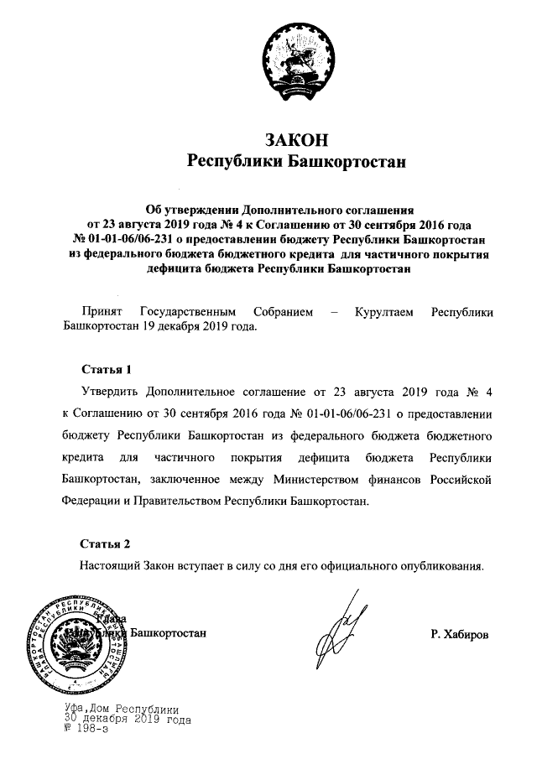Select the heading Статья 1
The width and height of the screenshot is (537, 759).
click(x=107, y=368)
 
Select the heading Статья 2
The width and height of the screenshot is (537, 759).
click(x=107, y=543)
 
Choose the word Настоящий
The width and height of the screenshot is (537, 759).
click(x=108, y=565)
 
